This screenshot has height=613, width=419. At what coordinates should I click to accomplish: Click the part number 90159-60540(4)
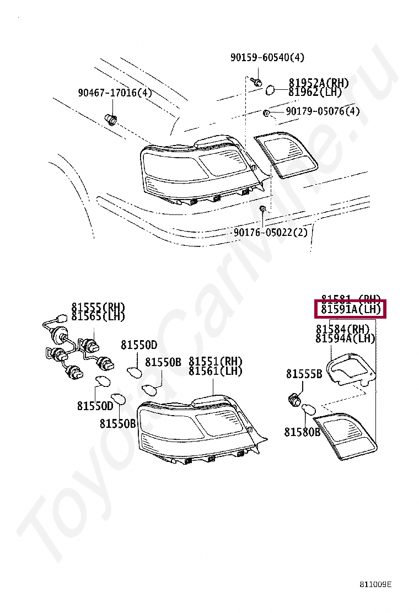(267, 57)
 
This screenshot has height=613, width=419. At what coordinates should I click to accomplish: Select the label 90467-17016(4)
(114, 93)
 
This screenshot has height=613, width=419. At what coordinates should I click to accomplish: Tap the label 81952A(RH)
(319, 83)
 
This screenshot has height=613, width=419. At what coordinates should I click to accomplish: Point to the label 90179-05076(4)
(323, 111)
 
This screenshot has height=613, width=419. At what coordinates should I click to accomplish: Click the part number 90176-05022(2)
(271, 232)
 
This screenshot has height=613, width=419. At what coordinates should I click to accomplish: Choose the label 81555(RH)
(98, 307)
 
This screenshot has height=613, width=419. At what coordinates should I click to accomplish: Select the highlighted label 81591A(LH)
(351, 310)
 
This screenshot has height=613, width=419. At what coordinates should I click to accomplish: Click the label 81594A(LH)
(346, 338)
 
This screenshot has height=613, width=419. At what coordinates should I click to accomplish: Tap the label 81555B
(304, 374)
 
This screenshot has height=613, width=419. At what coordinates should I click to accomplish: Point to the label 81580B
(302, 432)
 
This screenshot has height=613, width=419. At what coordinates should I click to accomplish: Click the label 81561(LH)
(216, 371)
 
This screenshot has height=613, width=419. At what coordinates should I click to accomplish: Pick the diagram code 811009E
(376, 585)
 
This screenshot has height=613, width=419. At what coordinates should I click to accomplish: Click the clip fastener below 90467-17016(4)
(111, 119)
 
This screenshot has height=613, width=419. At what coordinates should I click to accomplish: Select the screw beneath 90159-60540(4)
(256, 82)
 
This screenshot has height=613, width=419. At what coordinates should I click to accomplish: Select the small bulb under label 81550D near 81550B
(134, 372)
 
